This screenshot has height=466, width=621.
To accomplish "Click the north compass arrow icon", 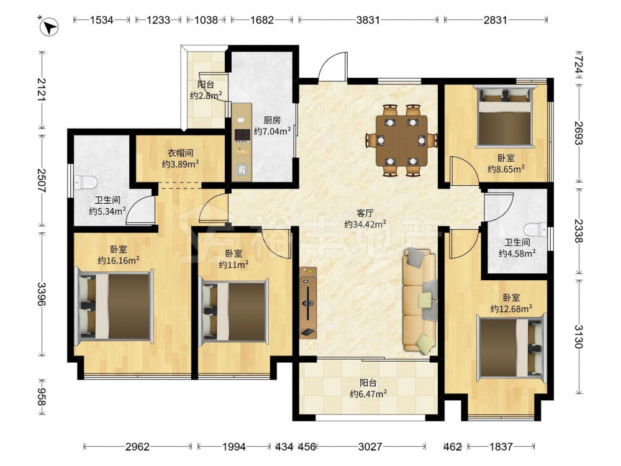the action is coord(50,27).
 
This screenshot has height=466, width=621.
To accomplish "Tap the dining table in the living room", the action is coord(402,140).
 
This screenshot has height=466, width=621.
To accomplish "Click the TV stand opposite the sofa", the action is coord(308,303).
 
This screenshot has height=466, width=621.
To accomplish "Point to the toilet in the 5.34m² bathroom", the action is coord(86,182).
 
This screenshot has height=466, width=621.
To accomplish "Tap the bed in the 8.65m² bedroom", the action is coord(504,117).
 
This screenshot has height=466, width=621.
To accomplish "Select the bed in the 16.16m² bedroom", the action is coord(115,306).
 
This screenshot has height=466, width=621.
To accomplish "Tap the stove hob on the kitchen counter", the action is coord(242,135).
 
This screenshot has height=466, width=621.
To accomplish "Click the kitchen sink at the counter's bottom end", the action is coord(241,170).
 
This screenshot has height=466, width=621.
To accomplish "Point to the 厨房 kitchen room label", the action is coord(272,120).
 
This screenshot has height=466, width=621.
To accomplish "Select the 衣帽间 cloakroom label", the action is coord(180,153).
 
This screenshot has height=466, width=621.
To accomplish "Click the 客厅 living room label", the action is coord(365,213).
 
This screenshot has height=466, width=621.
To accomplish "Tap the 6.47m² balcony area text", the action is coord(368,394).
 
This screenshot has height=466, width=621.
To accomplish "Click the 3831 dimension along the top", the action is coord(368,20).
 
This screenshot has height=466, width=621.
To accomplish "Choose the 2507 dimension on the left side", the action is coord(41,180).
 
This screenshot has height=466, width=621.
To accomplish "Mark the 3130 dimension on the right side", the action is coord(578,337).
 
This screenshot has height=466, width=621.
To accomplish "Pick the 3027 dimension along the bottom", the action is coord(370,447).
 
